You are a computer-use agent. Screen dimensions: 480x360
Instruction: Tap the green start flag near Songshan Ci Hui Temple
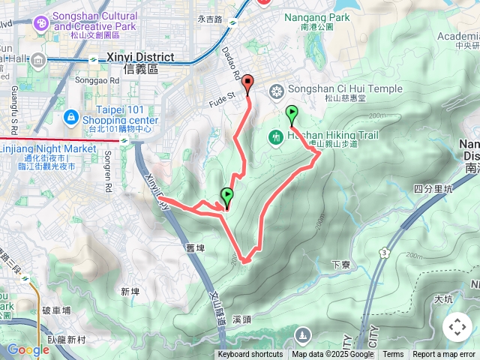[x=292, y=114]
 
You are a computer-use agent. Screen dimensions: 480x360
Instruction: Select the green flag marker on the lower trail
[x=226, y=196]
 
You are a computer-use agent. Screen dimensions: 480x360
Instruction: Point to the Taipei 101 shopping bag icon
[x=70, y=116]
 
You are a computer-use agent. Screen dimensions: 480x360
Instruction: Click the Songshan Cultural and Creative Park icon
[x=39, y=22]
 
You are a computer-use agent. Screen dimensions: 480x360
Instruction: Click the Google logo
[x=28, y=349]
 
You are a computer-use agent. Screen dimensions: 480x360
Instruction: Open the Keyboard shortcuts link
[x=250, y=355]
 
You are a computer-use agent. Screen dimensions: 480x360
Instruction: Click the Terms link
[x=393, y=355]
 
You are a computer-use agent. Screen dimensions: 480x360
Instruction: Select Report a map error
[x=444, y=355]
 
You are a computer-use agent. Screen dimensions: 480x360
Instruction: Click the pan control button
[x=457, y=327]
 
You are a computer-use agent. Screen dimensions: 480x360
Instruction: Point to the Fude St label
[x=221, y=95]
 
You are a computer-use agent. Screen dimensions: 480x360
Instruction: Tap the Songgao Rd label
[x=103, y=80]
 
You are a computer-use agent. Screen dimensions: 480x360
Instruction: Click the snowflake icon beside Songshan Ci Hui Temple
[x=277, y=91]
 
